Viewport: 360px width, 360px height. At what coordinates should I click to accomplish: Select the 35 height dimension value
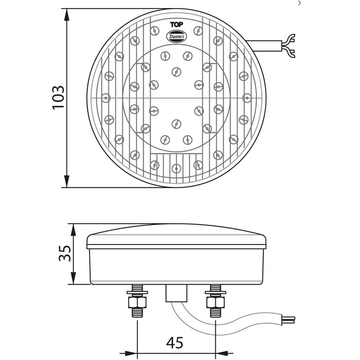coord(65,254)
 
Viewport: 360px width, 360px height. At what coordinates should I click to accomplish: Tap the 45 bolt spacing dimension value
coord(175,343)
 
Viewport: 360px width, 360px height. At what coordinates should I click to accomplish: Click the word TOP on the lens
coord(176,25)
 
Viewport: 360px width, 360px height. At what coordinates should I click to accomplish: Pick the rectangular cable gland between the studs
coord(176,292)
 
